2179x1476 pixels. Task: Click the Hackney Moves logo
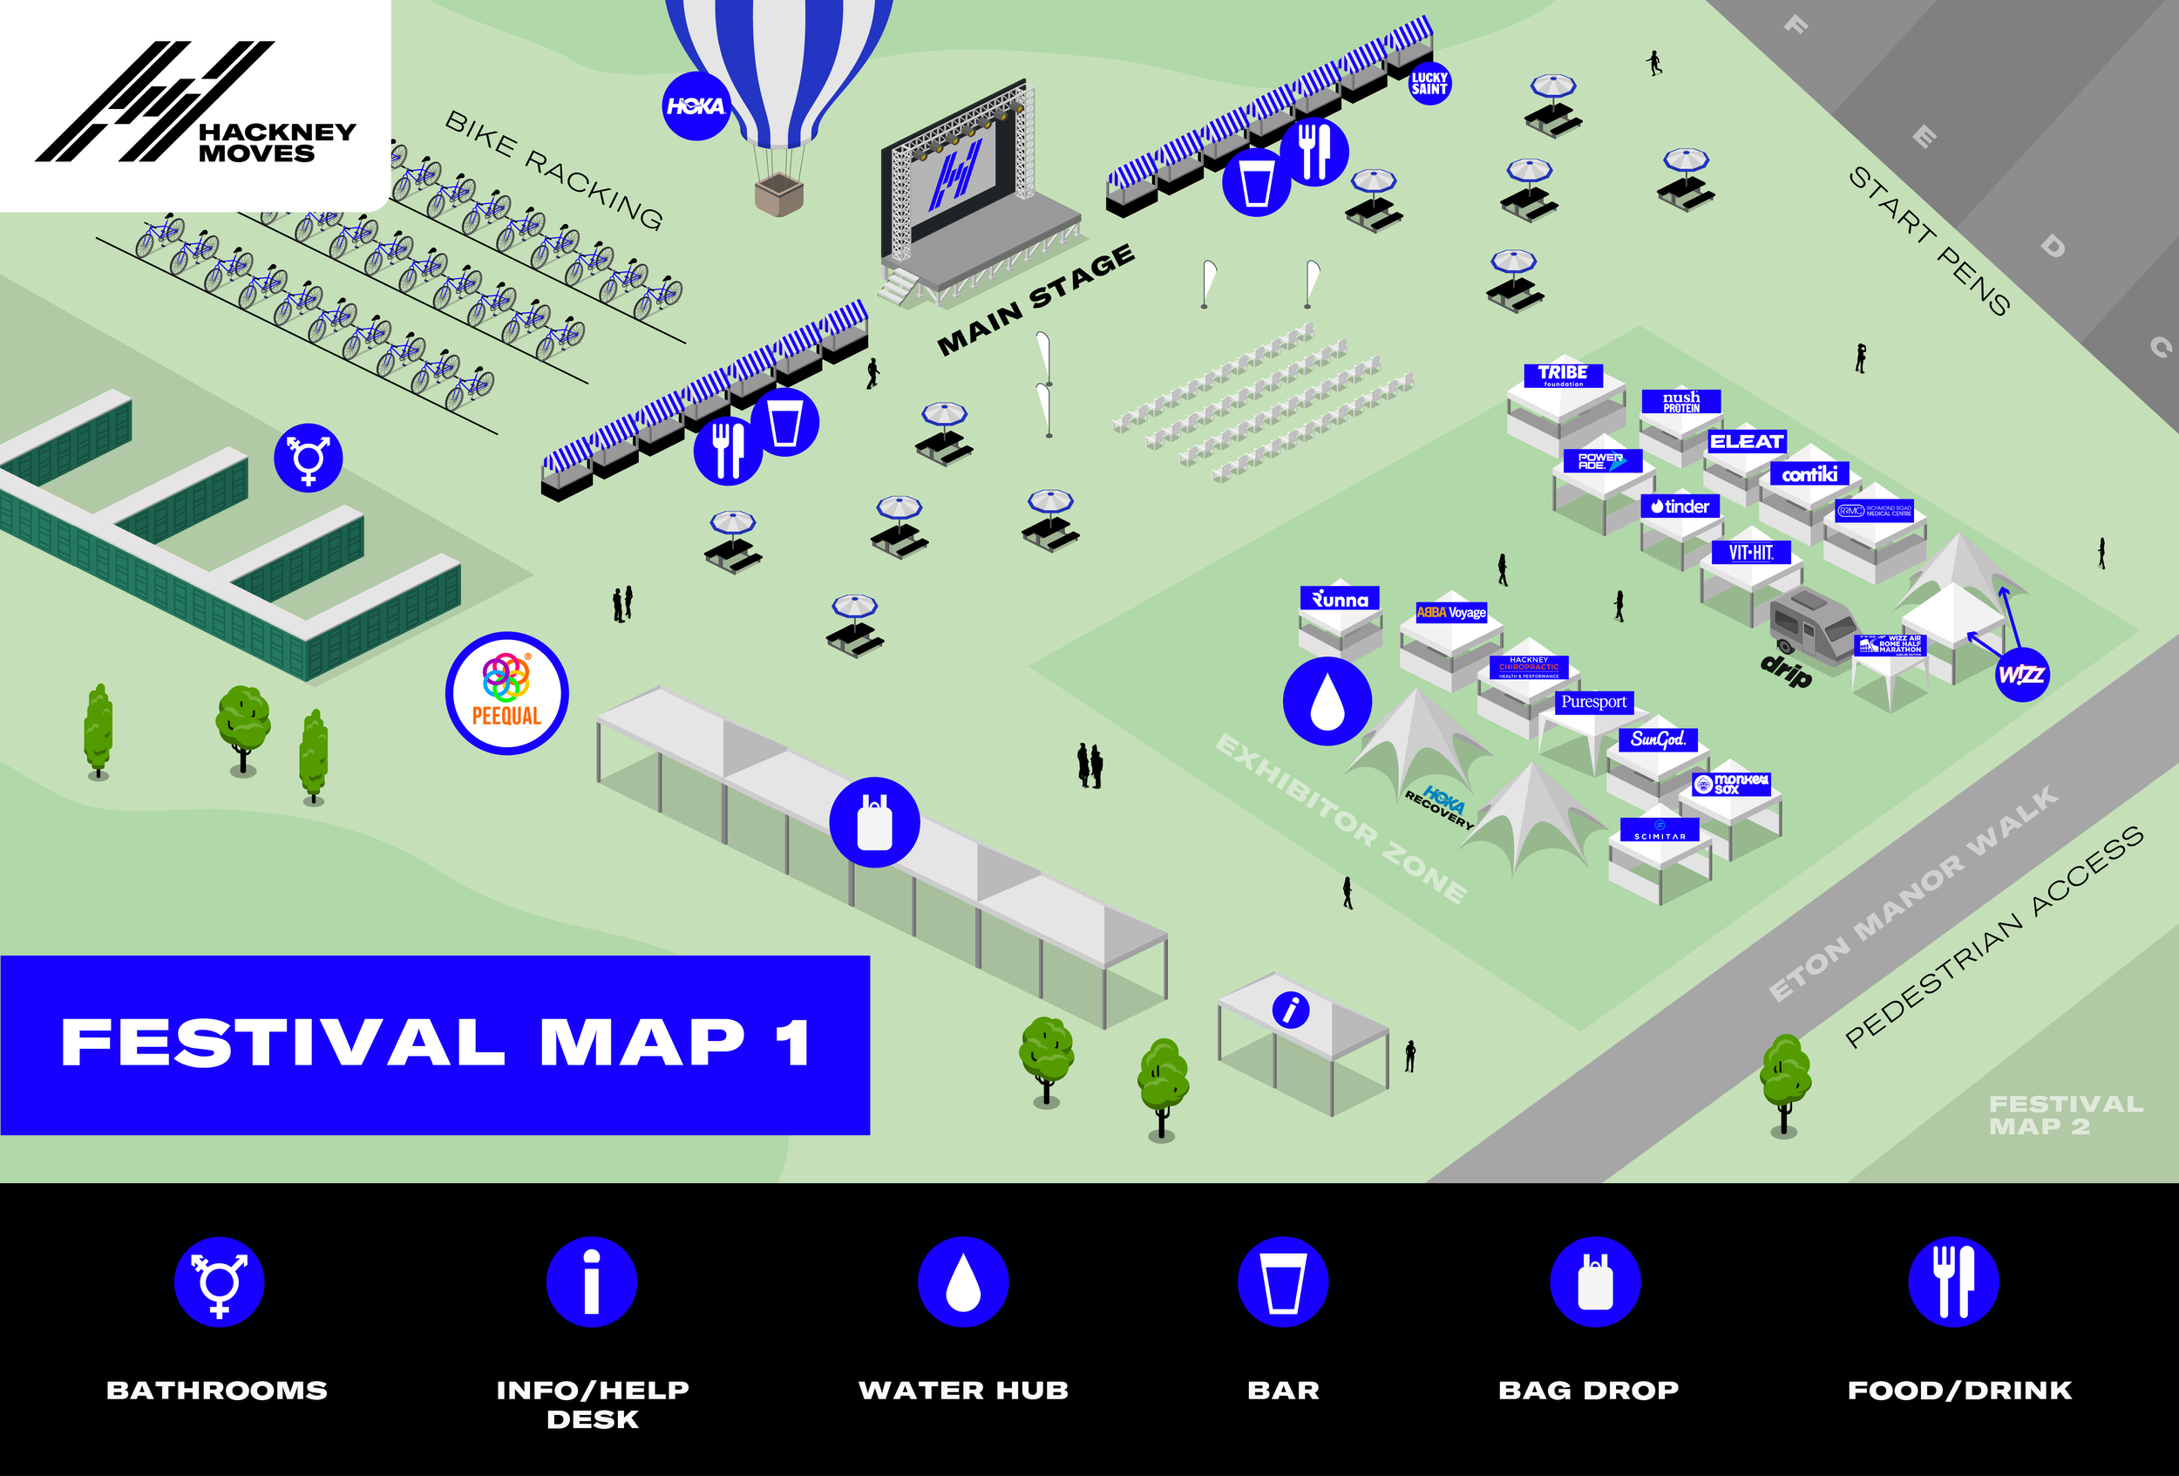(195, 103)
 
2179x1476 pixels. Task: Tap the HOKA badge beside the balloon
(695, 106)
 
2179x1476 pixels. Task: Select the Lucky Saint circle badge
(1429, 84)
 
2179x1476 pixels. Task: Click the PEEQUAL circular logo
(506, 693)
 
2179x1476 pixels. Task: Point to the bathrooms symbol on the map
(308, 458)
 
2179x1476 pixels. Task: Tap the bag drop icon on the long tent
(874, 822)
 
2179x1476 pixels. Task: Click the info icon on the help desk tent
(1290, 1010)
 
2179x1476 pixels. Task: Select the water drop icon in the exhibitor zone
(1327, 702)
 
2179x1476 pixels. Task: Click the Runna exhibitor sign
(1340, 599)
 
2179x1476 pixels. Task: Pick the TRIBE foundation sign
(1562, 375)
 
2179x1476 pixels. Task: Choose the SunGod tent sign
(1658, 739)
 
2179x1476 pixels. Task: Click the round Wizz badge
(2021, 674)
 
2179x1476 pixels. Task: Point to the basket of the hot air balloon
(779, 194)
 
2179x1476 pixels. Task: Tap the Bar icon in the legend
(1283, 1282)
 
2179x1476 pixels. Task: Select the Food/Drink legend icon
(1953, 1282)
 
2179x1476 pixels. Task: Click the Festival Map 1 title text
(435, 1043)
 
